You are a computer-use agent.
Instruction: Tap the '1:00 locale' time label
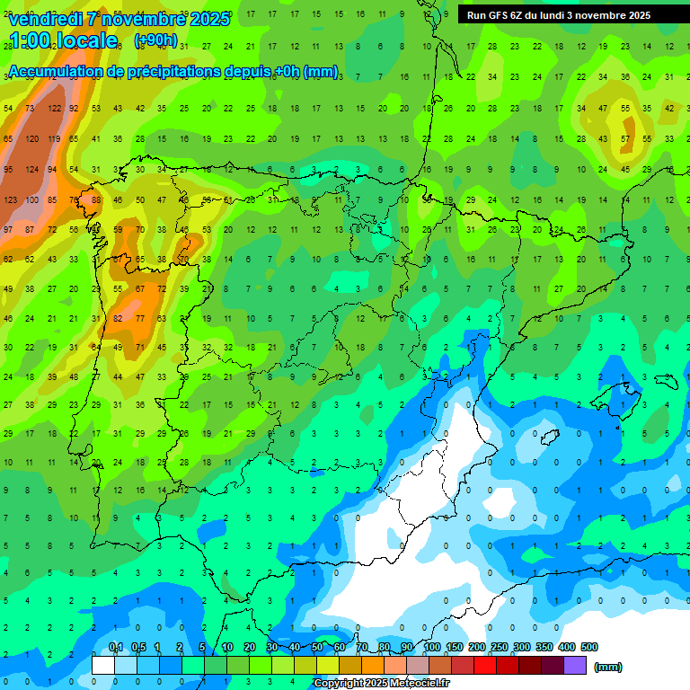[x=62, y=40]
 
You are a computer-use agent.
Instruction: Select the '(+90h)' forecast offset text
[x=155, y=40]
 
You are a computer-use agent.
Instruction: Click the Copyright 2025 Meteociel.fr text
[x=381, y=683]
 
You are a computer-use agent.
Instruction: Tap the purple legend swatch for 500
[x=576, y=665]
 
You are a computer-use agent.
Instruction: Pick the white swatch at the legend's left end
[x=103, y=665]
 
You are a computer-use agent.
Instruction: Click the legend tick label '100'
[x=432, y=647]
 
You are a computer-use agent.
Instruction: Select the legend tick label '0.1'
[x=115, y=647]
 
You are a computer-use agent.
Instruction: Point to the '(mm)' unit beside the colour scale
[x=608, y=667]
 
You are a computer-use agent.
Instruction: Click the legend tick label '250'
[x=499, y=647]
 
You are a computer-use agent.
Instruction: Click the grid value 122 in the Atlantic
[x=55, y=108]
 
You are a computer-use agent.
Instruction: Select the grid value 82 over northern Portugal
[x=118, y=318]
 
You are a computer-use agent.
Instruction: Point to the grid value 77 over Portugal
[x=139, y=318]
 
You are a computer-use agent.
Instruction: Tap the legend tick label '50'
[x=316, y=647]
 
